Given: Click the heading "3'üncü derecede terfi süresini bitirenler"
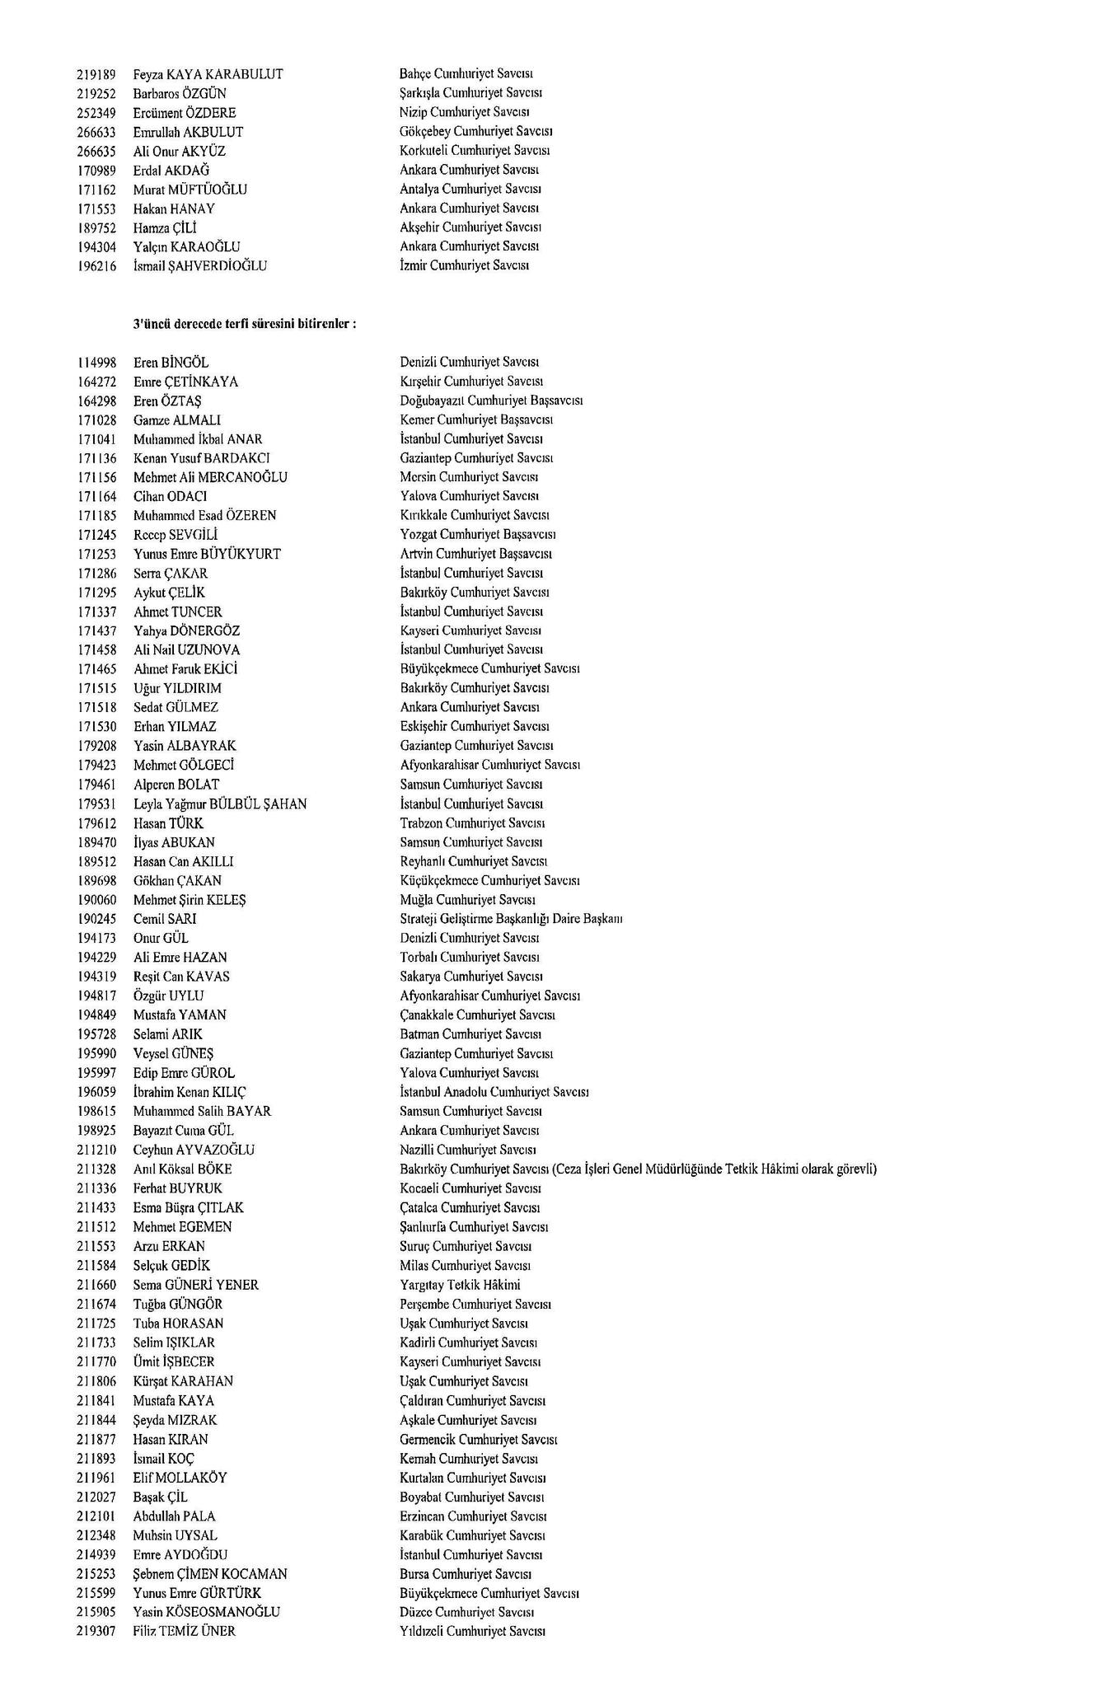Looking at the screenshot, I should [245, 325].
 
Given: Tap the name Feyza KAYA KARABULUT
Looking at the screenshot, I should [208, 74].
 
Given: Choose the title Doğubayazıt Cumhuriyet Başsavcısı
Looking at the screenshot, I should [491, 401].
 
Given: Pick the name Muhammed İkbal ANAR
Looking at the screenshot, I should [198, 439].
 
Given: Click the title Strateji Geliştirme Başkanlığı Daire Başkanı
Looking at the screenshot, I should [511, 919].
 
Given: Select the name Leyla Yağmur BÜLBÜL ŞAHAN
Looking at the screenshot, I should [220, 804].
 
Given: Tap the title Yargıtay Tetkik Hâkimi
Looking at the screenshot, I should [460, 1285].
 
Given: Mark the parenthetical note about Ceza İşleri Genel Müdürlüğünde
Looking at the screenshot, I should [715, 1169].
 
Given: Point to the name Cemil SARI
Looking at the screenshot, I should [165, 919].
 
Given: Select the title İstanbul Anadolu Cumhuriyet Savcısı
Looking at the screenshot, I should [494, 1093].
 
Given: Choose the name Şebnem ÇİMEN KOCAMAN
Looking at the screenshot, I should [210, 1574].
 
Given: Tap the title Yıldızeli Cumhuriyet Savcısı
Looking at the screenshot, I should [472, 1632].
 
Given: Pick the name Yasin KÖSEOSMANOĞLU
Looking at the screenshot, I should [207, 1612].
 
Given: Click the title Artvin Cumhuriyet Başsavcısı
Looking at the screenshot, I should [475, 555].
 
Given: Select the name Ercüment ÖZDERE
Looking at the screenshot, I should [185, 113].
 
